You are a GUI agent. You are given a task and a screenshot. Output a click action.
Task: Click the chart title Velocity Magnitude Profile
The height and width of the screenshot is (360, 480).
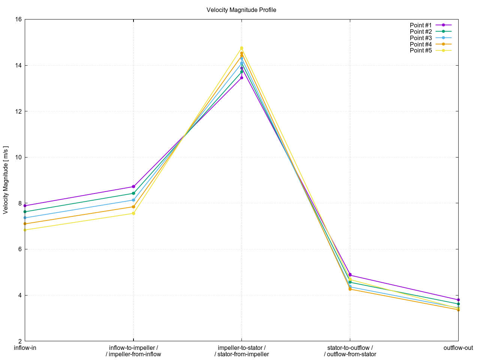[x=241, y=10]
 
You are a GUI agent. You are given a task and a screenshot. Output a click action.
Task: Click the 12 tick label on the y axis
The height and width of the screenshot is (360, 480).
[x=18, y=111]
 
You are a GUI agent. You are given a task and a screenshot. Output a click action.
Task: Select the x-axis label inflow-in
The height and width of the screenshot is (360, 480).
[x=25, y=348]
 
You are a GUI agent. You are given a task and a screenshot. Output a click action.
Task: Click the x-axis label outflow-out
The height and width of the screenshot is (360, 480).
[x=458, y=348]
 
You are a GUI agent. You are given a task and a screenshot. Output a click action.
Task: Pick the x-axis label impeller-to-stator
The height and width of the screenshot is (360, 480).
[x=241, y=348]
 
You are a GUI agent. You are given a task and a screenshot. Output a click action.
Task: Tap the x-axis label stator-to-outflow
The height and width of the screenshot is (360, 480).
[x=350, y=348]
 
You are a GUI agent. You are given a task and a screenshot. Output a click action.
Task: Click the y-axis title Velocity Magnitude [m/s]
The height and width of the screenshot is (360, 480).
[x=6, y=180]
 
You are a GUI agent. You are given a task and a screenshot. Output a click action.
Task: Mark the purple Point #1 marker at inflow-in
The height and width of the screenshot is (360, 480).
[x=25, y=206]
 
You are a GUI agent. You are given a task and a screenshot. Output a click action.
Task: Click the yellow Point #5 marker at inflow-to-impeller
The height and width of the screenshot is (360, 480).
[x=133, y=213]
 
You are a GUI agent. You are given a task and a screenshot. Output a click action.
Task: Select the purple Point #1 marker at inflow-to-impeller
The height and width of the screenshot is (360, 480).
[x=133, y=187]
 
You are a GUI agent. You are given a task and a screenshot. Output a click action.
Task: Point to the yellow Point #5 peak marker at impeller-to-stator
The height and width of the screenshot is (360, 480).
[x=241, y=48]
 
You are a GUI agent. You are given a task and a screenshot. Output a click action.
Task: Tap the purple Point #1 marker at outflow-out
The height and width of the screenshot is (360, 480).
[x=458, y=300]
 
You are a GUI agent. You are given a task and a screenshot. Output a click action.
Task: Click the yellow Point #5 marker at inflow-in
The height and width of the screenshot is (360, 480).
[x=25, y=230]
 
